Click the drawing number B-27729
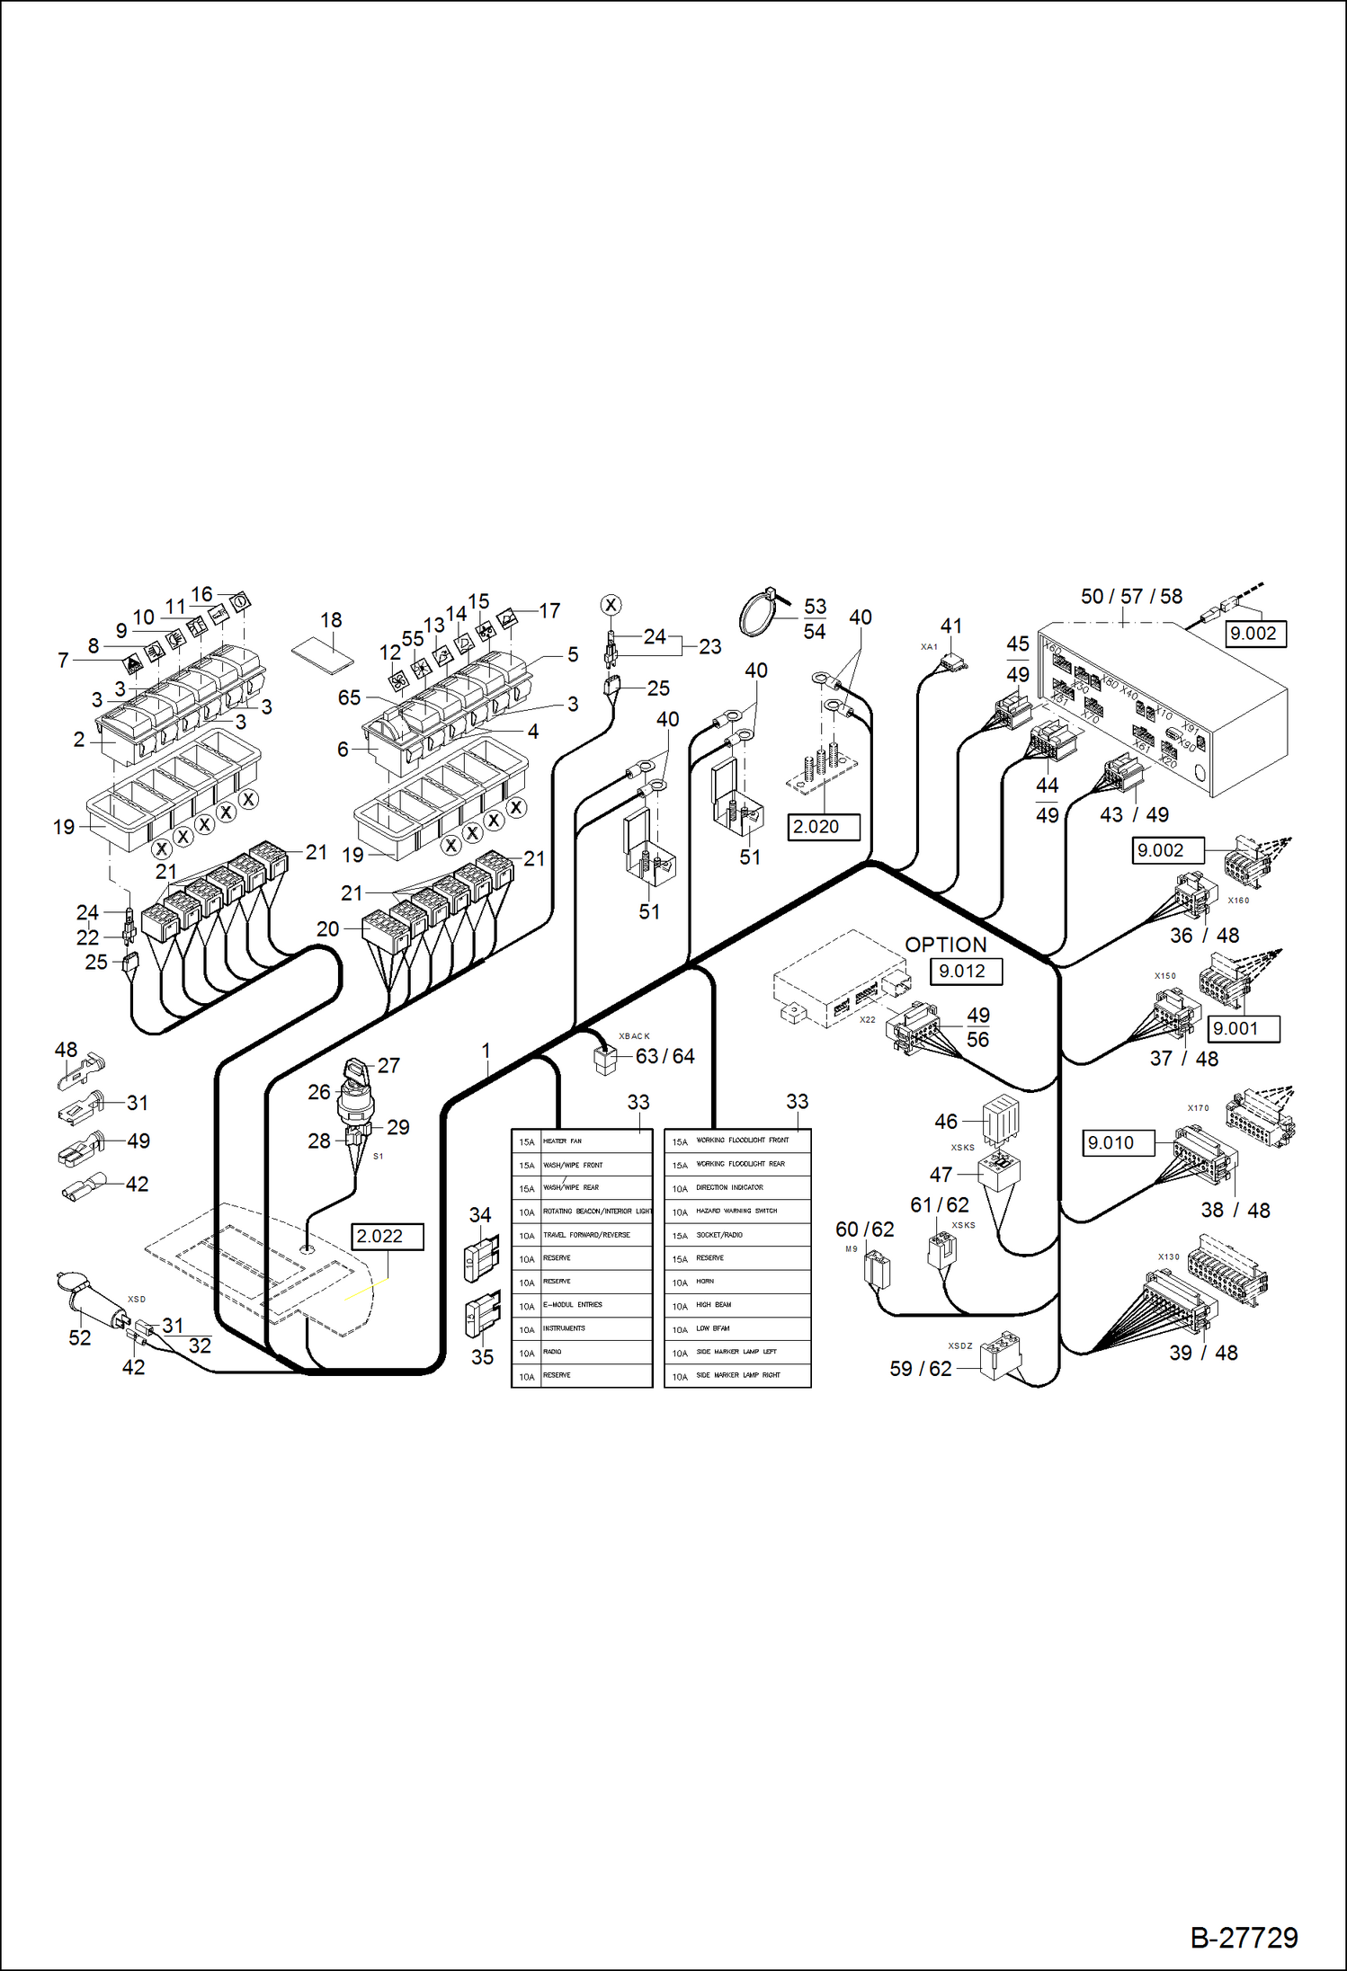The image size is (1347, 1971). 1244,1937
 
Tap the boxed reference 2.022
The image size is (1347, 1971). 379,1236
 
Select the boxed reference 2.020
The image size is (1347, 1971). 816,826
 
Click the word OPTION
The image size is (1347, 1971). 945,945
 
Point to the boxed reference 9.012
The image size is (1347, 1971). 962,971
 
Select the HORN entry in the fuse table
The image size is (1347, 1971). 737,1282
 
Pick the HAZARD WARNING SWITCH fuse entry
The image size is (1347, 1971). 737,1211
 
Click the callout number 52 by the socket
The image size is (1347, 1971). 80,1337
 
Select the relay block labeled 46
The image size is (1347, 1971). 1001,1119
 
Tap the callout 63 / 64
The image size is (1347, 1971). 665,1056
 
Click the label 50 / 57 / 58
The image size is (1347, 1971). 1131,596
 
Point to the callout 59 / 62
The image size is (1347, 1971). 920,1368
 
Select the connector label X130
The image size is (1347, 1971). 1168,1256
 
